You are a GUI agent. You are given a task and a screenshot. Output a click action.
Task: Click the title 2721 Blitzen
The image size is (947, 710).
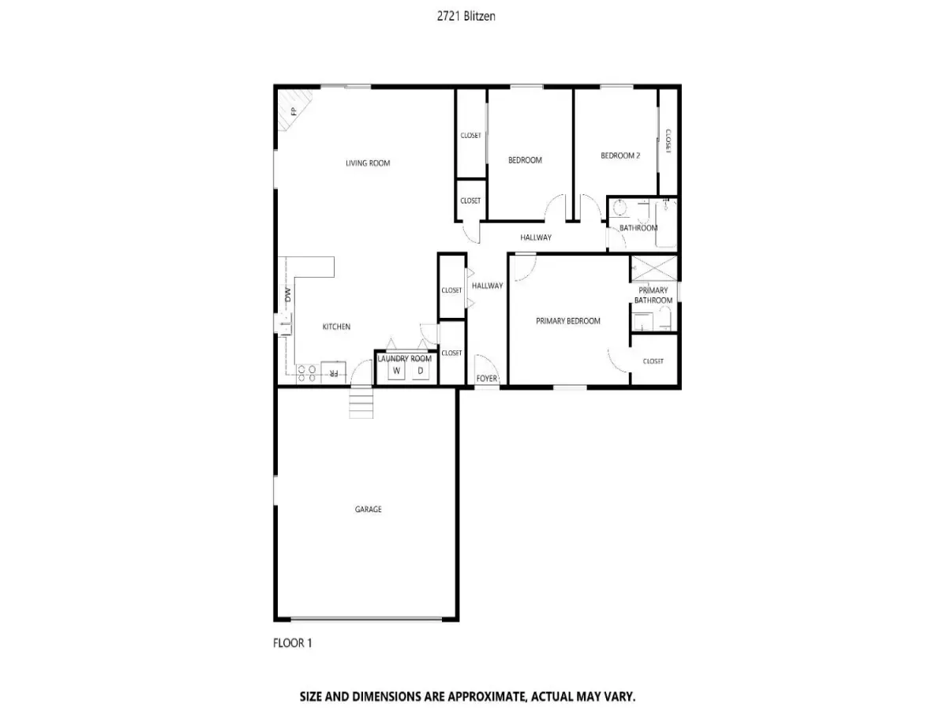(x=466, y=17)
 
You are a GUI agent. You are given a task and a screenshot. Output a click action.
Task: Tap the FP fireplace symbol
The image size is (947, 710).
(x=294, y=110)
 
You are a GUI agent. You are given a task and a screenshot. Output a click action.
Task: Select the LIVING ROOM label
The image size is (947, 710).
(x=368, y=163)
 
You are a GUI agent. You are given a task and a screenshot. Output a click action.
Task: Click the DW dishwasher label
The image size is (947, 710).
(x=288, y=295)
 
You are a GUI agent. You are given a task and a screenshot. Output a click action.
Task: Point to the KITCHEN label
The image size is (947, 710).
(x=336, y=327)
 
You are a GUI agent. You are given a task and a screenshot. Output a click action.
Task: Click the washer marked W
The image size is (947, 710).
(x=396, y=371)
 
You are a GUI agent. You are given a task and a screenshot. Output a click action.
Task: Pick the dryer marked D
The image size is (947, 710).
(x=421, y=371)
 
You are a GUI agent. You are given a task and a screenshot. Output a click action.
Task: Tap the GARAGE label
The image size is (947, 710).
(x=368, y=509)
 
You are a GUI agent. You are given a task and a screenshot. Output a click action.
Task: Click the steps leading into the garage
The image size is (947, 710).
(x=361, y=403)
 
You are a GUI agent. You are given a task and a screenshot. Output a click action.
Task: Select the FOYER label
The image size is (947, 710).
(x=487, y=379)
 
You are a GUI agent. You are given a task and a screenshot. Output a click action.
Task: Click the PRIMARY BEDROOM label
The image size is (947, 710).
(x=567, y=321)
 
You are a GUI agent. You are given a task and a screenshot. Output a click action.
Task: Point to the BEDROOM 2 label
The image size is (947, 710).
(x=620, y=155)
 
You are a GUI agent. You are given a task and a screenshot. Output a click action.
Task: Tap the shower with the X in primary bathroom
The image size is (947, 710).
(x=654, y=268)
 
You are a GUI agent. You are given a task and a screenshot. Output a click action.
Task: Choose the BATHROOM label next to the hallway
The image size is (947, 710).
(x=638, y=228)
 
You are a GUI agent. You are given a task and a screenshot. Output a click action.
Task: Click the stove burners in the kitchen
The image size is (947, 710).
(x=306, y=373)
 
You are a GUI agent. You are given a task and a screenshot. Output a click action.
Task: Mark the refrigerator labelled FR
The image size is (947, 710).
(x=334, y=373)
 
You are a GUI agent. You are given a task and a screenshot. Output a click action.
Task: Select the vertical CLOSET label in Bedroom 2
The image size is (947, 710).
(x=668, y=141)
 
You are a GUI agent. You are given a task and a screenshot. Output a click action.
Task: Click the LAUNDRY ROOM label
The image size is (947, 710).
(x=404, y=359)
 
